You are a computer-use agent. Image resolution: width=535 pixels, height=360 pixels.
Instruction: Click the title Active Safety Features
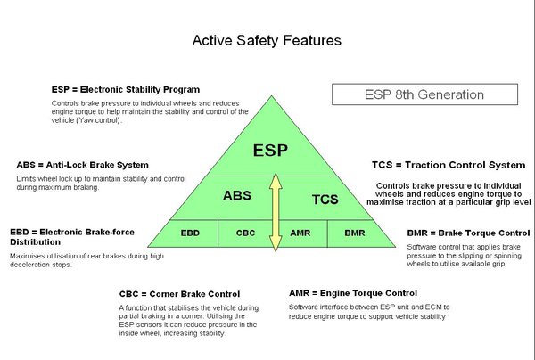267,41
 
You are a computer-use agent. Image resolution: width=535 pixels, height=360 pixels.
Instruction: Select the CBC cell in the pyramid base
245,233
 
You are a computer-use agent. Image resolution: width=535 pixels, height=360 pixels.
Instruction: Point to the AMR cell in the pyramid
300,233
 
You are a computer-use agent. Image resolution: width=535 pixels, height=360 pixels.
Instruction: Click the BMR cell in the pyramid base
353,233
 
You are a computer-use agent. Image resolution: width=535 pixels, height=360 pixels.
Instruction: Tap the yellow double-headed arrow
276,209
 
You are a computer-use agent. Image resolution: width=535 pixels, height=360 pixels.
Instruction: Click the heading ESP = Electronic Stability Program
125,89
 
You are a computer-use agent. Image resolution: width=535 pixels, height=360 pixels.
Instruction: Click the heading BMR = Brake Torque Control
462,233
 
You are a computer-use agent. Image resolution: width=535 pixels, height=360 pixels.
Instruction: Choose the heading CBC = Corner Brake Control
179,293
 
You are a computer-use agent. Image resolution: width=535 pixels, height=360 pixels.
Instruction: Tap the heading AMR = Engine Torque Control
353,292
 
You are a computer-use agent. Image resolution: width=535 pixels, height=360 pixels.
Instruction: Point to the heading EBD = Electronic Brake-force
72,232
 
